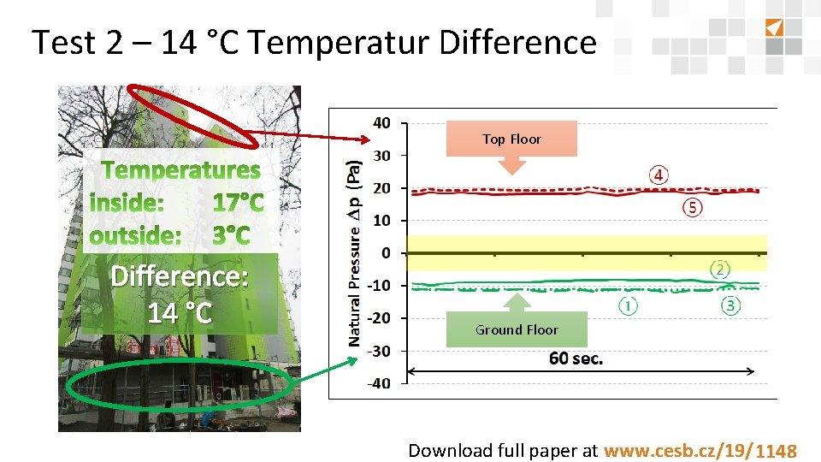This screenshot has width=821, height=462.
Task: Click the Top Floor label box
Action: pos(511,139)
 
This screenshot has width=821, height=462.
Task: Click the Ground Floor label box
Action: pos(517,329)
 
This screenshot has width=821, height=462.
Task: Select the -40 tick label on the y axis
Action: pos(379,383)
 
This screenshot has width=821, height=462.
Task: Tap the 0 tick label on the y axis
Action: pos(386,253)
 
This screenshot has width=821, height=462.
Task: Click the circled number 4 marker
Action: pos(659,175)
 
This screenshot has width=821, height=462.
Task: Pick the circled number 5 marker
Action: pos(693,207)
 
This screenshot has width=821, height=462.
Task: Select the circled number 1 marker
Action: pos(629,305)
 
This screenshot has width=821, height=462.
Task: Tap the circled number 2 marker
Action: pos(720,269)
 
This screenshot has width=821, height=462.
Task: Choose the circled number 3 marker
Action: pos(730,305)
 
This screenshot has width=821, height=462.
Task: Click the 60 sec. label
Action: pos(576,358)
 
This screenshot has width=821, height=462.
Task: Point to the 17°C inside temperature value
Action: pos(238,204)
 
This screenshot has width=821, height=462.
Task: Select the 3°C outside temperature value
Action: pos(231,234)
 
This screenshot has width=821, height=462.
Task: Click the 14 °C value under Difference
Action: pos(179,313)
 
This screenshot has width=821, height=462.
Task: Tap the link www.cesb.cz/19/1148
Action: pos(700,451)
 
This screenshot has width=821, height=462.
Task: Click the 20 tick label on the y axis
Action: pos(381,188)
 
